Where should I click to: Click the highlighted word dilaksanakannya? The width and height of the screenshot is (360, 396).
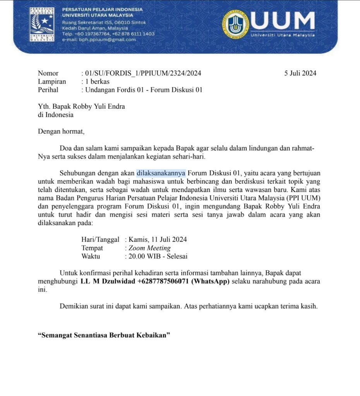[x=161, y=172]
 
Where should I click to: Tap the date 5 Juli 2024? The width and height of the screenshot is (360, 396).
[x=300, y=73]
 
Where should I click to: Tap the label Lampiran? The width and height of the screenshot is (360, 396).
[x=52, y=82]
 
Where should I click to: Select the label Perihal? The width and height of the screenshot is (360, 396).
[x=48, y=90]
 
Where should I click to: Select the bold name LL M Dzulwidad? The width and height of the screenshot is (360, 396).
[x=108, y=282]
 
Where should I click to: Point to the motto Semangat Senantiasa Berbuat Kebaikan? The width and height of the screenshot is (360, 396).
[x=104, y=335]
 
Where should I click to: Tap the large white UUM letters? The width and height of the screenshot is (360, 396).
[x=283, y=21]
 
